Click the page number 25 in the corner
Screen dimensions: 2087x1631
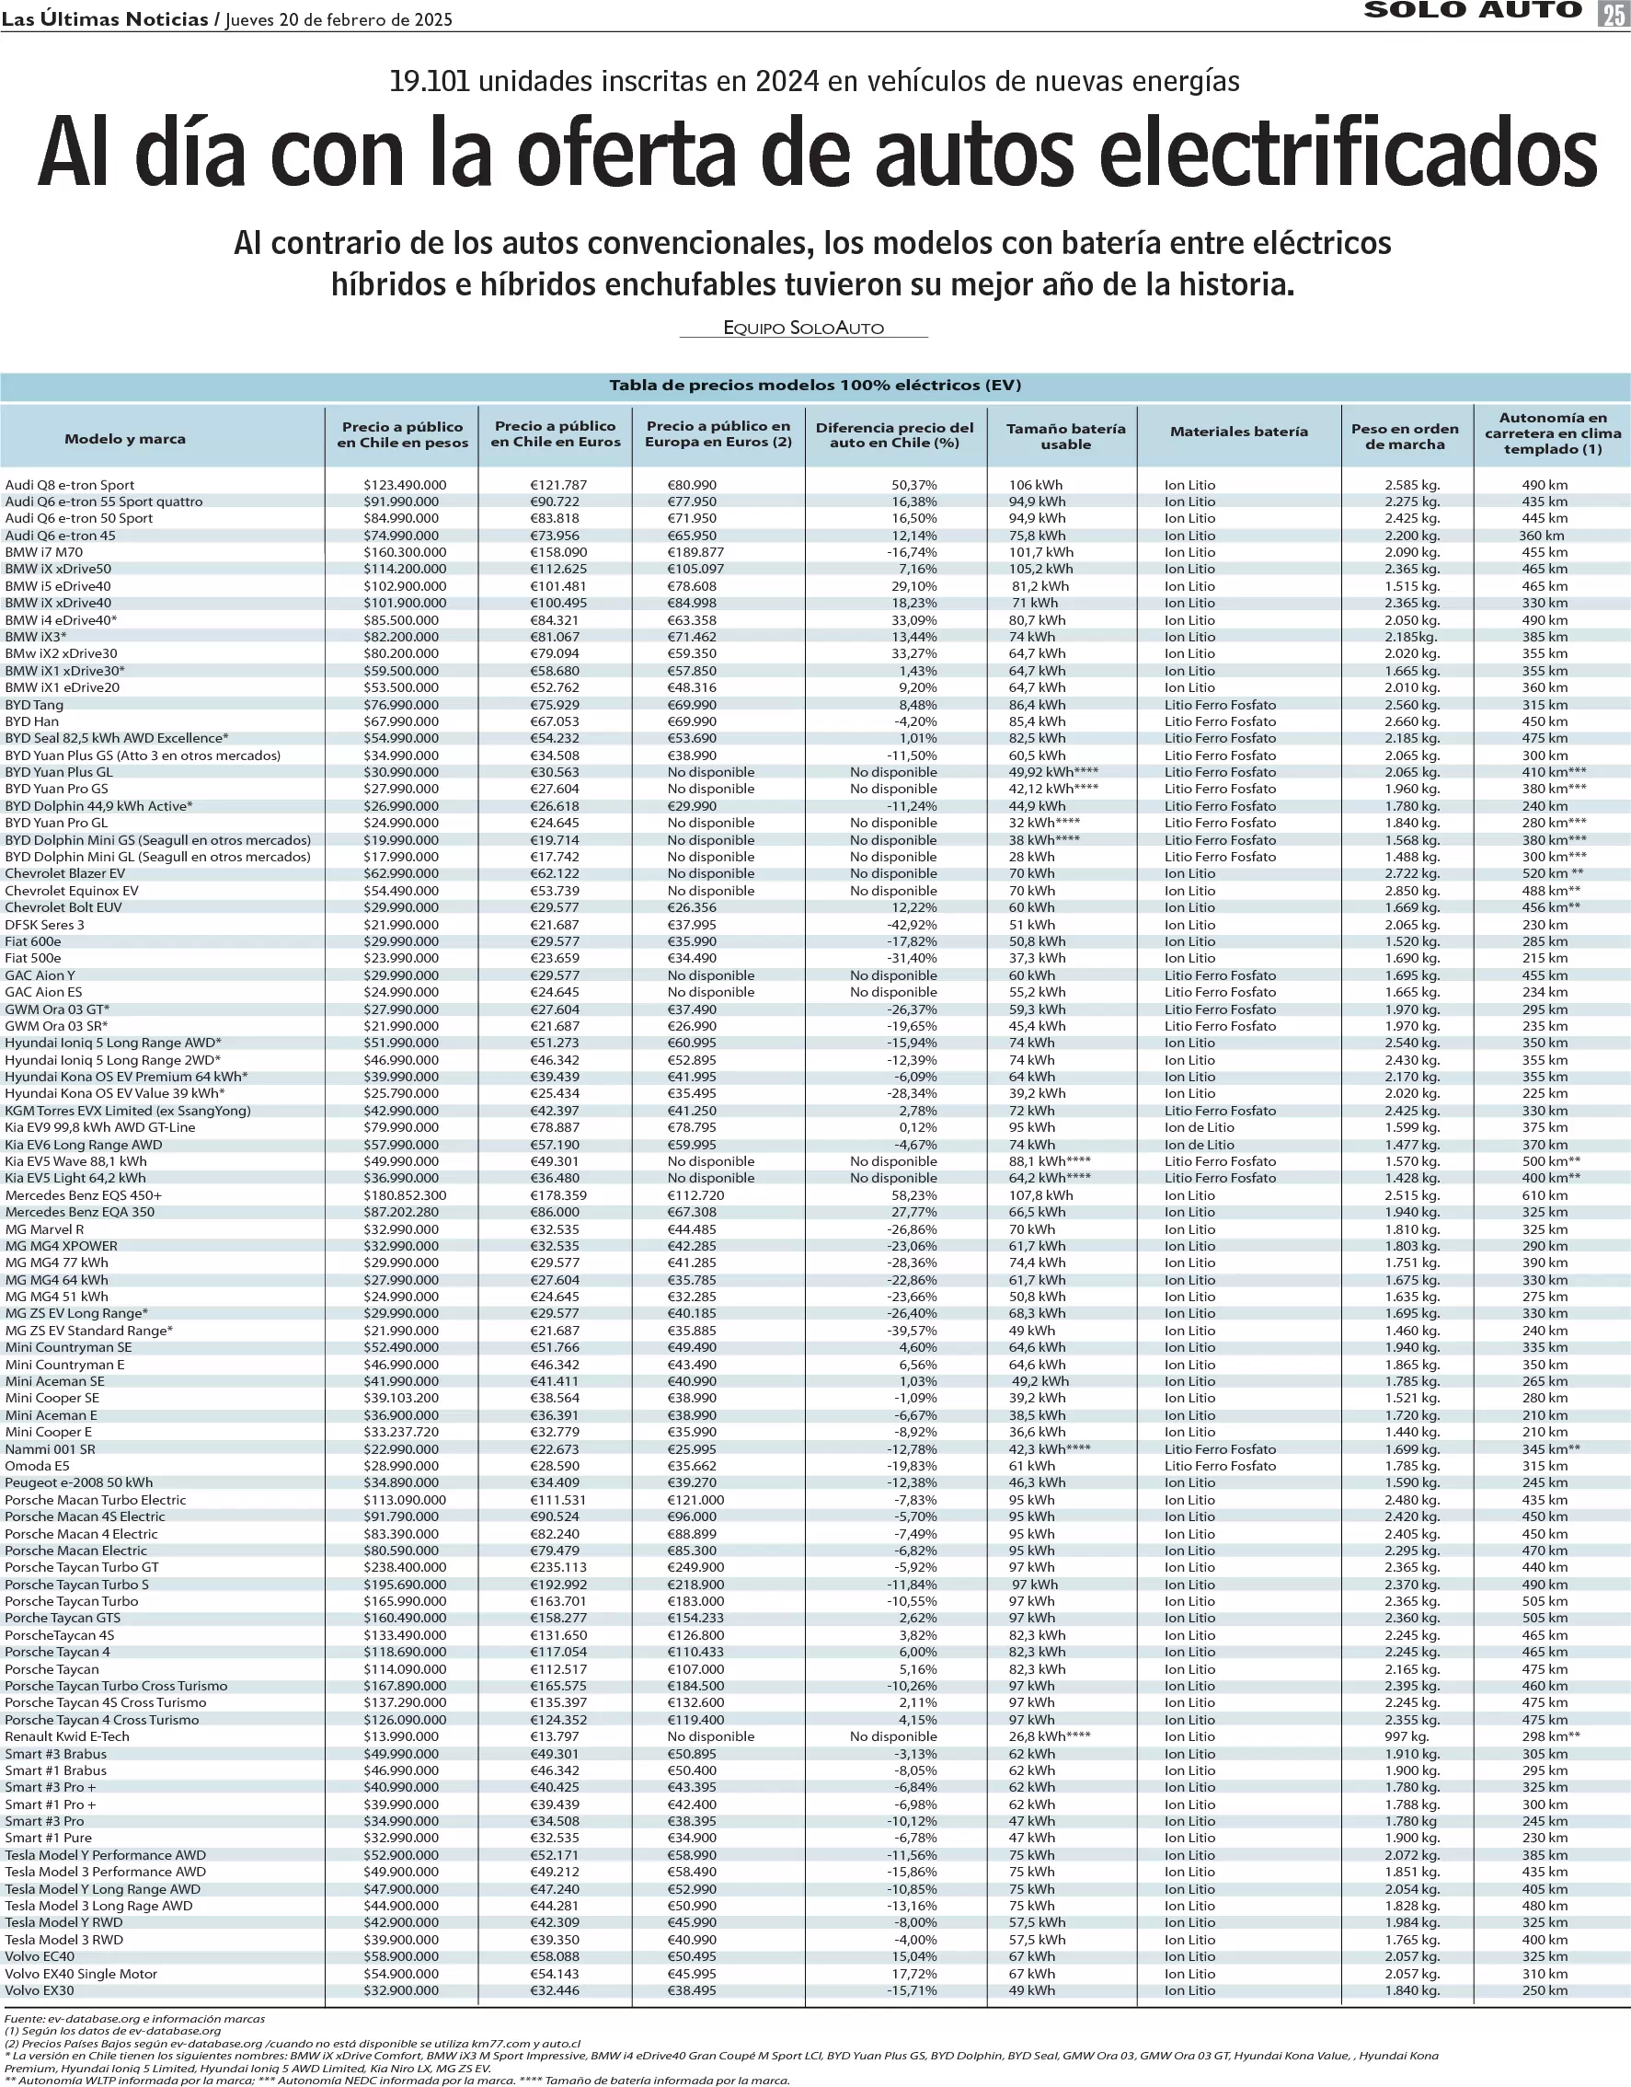pyautogui.click(x=1613, y=13)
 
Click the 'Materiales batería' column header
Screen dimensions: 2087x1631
pyautogui.click(x=1238, y=432)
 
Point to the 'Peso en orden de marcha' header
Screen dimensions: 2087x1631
pyautogui.click(x=1405, y=437)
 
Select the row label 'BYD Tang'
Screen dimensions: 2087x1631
pyautogui.click(x=34, y=704)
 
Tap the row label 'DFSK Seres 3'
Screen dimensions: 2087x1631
pyautogui.click(x=45, y=924)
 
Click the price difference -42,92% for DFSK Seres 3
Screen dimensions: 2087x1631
pyautogui.click(x=913, y=924)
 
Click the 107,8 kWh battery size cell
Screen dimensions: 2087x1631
pyautogui.click(x=1040, y=1195)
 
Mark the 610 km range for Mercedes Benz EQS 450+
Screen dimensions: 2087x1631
pyautogui.click(x=1544, y=1195)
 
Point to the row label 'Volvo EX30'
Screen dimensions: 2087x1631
pyautogui.click(x=40, y=1990)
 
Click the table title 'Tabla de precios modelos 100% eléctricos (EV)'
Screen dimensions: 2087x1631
pyautogui.click(x=815, y=385)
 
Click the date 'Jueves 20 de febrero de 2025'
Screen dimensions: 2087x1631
pyautogui.click(x=339, y=19)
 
